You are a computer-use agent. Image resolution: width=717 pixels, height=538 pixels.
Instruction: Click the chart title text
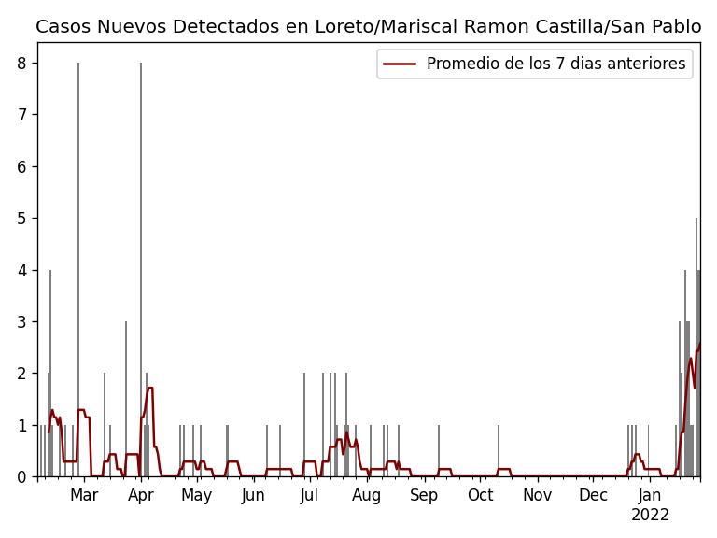pyautogui.click(x=368, y=27)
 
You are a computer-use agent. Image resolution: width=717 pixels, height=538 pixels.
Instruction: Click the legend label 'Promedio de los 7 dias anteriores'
pyautogui.click(x=555, y=64)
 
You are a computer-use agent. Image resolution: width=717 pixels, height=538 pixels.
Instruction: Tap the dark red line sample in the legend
pyautogui.click(x=400, y=64)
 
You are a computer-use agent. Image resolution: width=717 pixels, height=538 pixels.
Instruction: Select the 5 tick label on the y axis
pyautogui.click(x=21, y=219)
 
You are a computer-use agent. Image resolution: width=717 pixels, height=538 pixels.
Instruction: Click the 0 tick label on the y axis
pyautogui.click(x=21, y=476)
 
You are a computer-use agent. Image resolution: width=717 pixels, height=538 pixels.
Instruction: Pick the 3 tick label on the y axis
pyautogui.click(x=21, y=321)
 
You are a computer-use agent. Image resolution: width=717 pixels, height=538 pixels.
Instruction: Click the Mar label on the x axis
pyautogui.click(x=84, y=495)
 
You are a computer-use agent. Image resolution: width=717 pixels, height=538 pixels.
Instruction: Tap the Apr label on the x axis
pyautogui.click(x=141, y=495)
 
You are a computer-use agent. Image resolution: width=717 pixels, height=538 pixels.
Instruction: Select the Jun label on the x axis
pyautogui.click(x=253, y=495)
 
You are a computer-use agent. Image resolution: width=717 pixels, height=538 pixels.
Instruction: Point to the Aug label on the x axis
pyautogui.click(x=367, y=495)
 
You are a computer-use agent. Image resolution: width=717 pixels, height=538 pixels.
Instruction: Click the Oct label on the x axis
pyautogui.click(x=480, y=495)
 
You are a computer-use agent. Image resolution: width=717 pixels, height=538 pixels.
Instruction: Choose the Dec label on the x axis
pyautogui.click(x=593, y=495)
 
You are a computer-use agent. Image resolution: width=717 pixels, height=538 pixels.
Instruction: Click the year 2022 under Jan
pyautogui.click(x=650, y=516)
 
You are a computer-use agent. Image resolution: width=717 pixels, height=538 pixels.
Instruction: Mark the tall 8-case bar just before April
pyautogui.click(x=141, y=271)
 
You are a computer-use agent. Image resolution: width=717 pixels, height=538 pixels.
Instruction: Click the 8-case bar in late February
pyautogui.click(x=78, y=271)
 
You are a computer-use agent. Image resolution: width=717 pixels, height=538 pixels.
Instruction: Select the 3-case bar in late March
pyautogui.click(x=126, y=400)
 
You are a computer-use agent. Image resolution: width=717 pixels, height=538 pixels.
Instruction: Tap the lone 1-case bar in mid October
pyautogui.click(x=499, y=451)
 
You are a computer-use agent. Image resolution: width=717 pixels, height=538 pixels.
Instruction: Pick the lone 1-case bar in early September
pyautogui.click(x=439, y=451)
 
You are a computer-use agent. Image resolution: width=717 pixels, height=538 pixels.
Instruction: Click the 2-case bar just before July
pyautogui.click(x=304, y=425)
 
